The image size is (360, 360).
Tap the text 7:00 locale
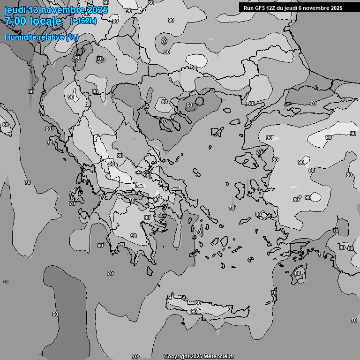(x=33, y=21)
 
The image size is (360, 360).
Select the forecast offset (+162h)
(x=83, y=21)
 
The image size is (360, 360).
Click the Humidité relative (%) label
(x=41, y=37)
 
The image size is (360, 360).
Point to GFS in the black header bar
(x=261, y=8)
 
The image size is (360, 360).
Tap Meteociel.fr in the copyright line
(x=219, y=357)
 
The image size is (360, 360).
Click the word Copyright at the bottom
(x=177, y=357)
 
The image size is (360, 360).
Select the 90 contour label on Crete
(x=194, y=311)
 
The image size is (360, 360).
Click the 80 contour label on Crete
(x=197, y=303)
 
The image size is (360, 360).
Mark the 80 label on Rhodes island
(x=298, y=273)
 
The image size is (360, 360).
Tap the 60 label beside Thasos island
(x=189, y=105)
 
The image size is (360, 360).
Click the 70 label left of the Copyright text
(x=135, y=357)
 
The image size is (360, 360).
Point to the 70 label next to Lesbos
(x=259, y=153)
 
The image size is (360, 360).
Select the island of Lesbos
(x=249, y=159)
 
